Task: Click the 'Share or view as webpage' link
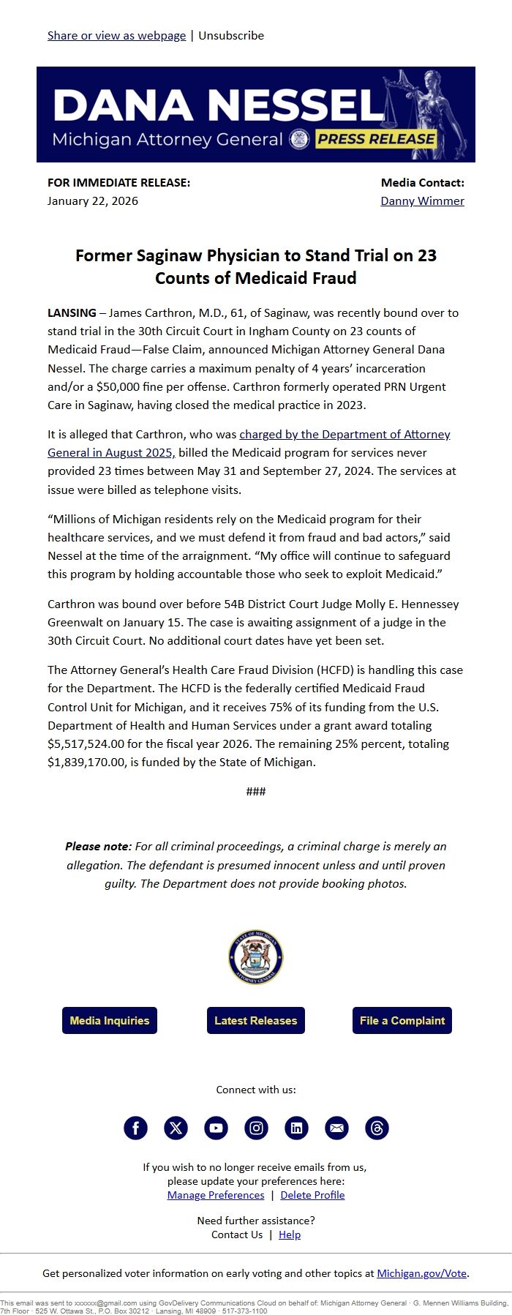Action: coord(116,35)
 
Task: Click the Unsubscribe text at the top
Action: coord(231,35)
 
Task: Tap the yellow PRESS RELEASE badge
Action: coord(376,139)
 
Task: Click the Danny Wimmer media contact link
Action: coord(422,201)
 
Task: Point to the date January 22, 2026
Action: coord(93,201)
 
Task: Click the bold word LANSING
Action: coord(72,312)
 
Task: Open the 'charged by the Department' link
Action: coord(345,434)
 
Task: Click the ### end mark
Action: coord(256,791)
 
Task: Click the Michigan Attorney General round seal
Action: coord(256,957)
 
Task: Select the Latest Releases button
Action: coord(256,1020)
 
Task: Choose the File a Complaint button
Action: coord(402,1020)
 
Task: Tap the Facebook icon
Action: coord(135,1128)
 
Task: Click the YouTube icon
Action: coord(216,1128)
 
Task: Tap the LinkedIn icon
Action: coord(296,1128)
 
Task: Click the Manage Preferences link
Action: coord(216,1195)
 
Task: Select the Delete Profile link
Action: coord(312,1195)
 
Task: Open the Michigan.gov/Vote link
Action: coord(421,1273)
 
